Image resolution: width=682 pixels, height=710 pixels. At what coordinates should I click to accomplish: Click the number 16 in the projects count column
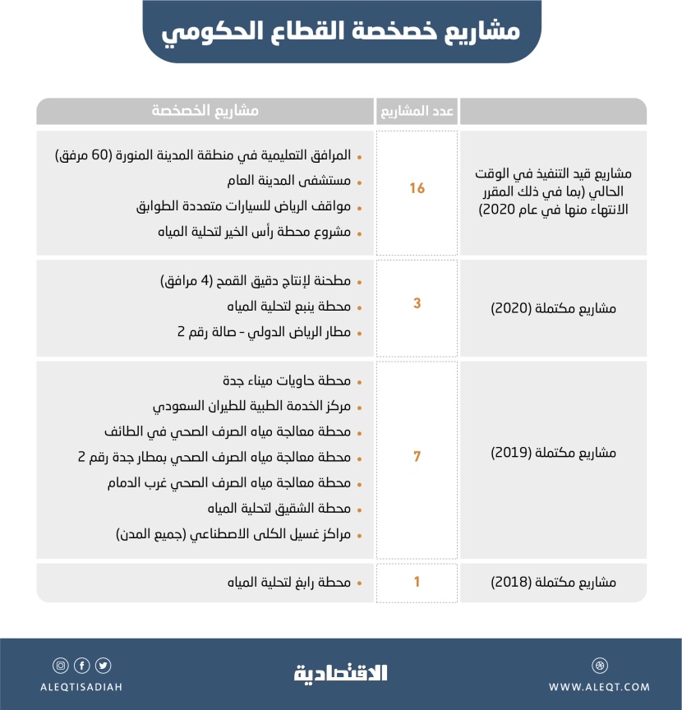pyautogui.click(x=417, y=188)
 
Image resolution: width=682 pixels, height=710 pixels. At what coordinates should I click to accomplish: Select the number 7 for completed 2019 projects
pyautogui.click(x=417, y=456)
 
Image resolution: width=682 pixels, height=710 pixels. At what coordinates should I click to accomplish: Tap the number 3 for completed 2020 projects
pyautogui.click(x=417, y=304)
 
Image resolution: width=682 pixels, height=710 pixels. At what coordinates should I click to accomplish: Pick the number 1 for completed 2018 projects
pyautogui.click(x=417, y=582)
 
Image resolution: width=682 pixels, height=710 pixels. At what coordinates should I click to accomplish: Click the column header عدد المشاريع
pyautogui.click(x=417, y=111)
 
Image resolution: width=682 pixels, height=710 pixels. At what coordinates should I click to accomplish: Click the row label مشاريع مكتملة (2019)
pyautogui.click(x=552, y=453)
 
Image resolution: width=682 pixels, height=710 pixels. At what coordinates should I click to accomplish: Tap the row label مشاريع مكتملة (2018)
pyautogui.click(x=552, y=583)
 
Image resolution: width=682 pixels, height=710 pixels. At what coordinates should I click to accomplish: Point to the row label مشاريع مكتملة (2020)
pyautogui.click(x=552, y=309)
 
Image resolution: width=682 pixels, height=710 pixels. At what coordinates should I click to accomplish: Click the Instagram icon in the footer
pyautogui.click(x=60, y=666)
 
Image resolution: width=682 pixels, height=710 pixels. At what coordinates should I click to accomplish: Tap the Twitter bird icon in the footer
pyautogui.click(x=103, y=666)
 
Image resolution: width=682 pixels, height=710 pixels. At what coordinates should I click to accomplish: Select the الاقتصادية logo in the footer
pyautogui.click(x=340, y=672)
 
